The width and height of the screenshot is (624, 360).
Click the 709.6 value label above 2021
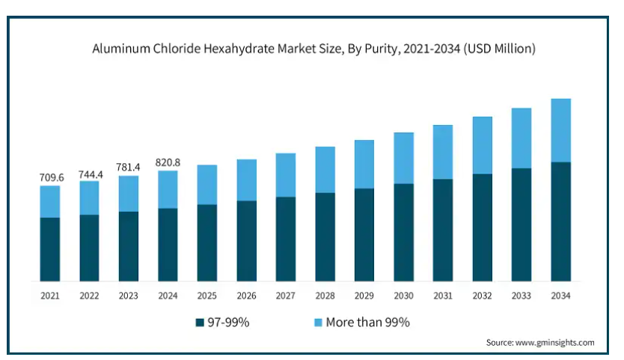[x=52, y=177]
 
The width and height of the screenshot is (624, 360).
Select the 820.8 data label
[x=168, y=162]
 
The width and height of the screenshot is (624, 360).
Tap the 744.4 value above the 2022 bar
[x=91, y=174]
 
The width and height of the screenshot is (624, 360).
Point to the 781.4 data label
[x=128, y=167]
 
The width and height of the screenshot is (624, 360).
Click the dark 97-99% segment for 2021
[x=49, y=249]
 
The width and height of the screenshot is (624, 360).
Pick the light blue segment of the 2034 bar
[x=560, y=130]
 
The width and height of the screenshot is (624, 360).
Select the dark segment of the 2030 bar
[x=403, y=232]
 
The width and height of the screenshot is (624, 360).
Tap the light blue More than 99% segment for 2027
[x=286, y=175]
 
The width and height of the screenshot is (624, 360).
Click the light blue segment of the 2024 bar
[x=168, y=189]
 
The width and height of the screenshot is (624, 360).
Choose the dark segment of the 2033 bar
[x=521, y=225]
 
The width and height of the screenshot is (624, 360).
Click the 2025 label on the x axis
[x=207, y=296]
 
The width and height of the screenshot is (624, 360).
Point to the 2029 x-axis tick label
[x=364, y=296]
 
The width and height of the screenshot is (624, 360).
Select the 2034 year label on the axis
[x=560, y=296]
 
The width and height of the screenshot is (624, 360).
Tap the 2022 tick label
[x=89, y=296]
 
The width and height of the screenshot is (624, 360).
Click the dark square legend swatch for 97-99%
[x=200, y=323]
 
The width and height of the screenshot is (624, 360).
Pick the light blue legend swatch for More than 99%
[x=318, y=323]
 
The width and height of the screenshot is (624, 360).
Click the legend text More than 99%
[x=367, y=322]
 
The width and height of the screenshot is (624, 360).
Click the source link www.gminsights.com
[x=554, y=343]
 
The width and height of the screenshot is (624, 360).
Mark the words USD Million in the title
[x=500, y=49]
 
